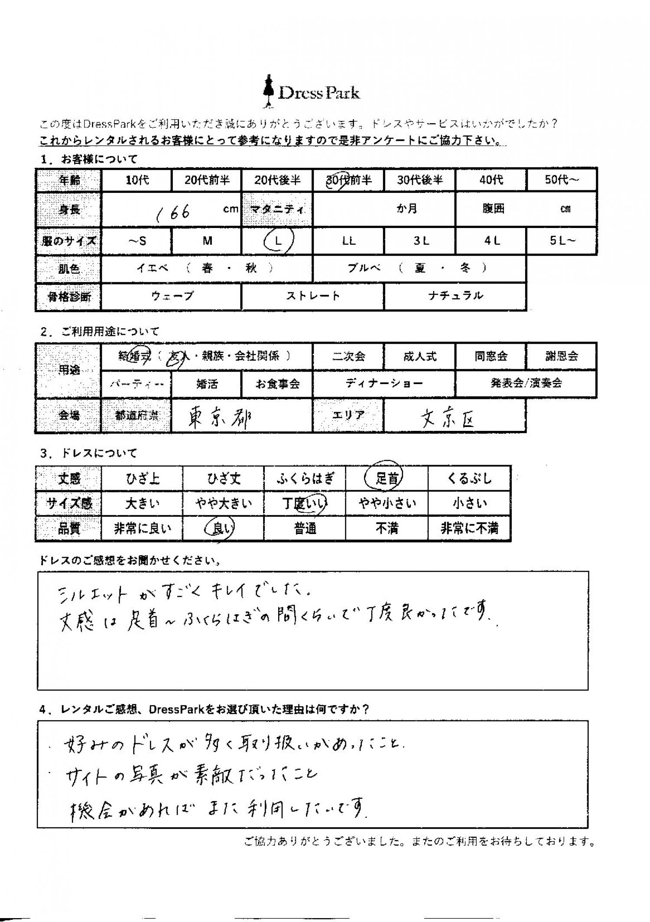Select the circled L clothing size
tap(278, 241)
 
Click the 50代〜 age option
tap(562, 180)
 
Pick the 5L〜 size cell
tap(562, 241)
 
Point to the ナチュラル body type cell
tap(455, 296)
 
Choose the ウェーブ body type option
tap(172, 296)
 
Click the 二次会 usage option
tap(348, 356)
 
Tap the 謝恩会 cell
tap(561, 356)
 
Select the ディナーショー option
tap(384, 383)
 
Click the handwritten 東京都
tap(219, 418)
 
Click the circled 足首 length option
tap(387, 478)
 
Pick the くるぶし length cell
tap(469, 479)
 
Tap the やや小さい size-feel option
tap(387, 503)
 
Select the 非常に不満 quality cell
tap(469, 528)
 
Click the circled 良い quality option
tap(223, 528)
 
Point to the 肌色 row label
tap(69, 269)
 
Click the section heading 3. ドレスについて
tap(89, 453)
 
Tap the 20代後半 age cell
tap(277, 180)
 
